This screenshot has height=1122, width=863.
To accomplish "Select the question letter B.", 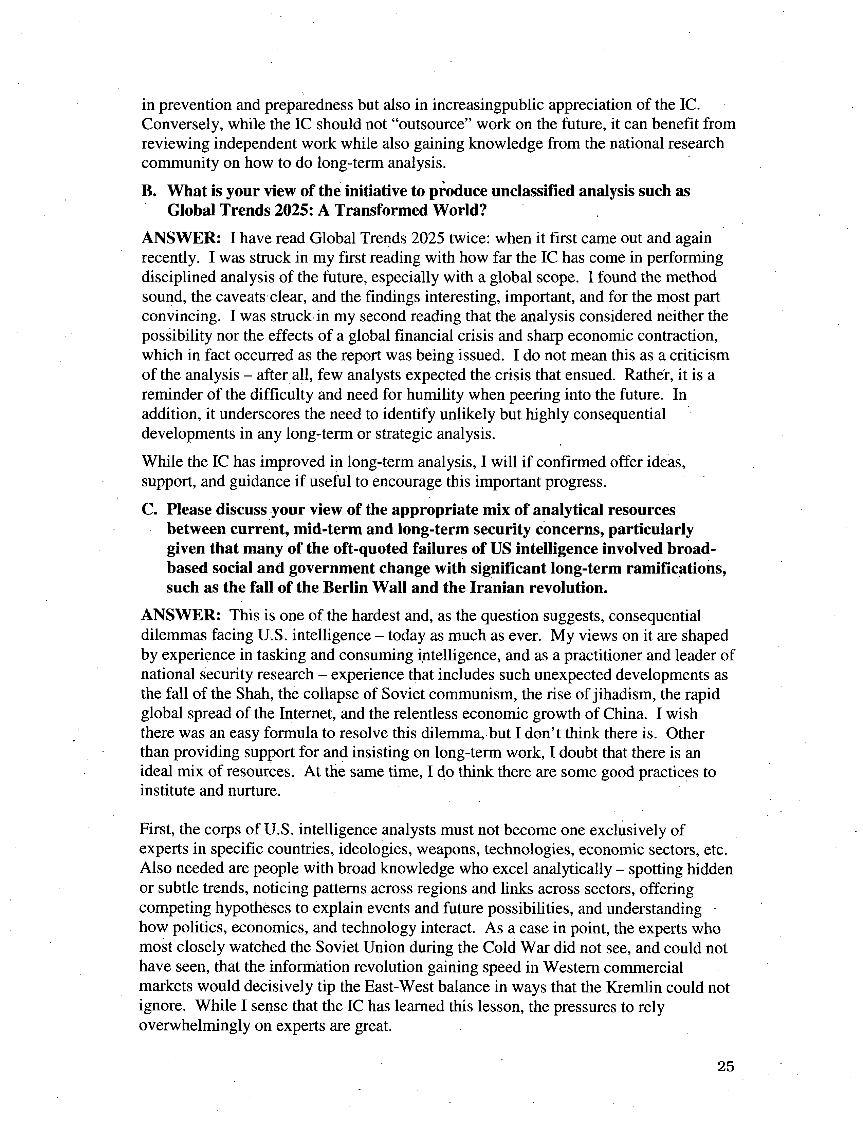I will pyautogui.click(x=147, y=191).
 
